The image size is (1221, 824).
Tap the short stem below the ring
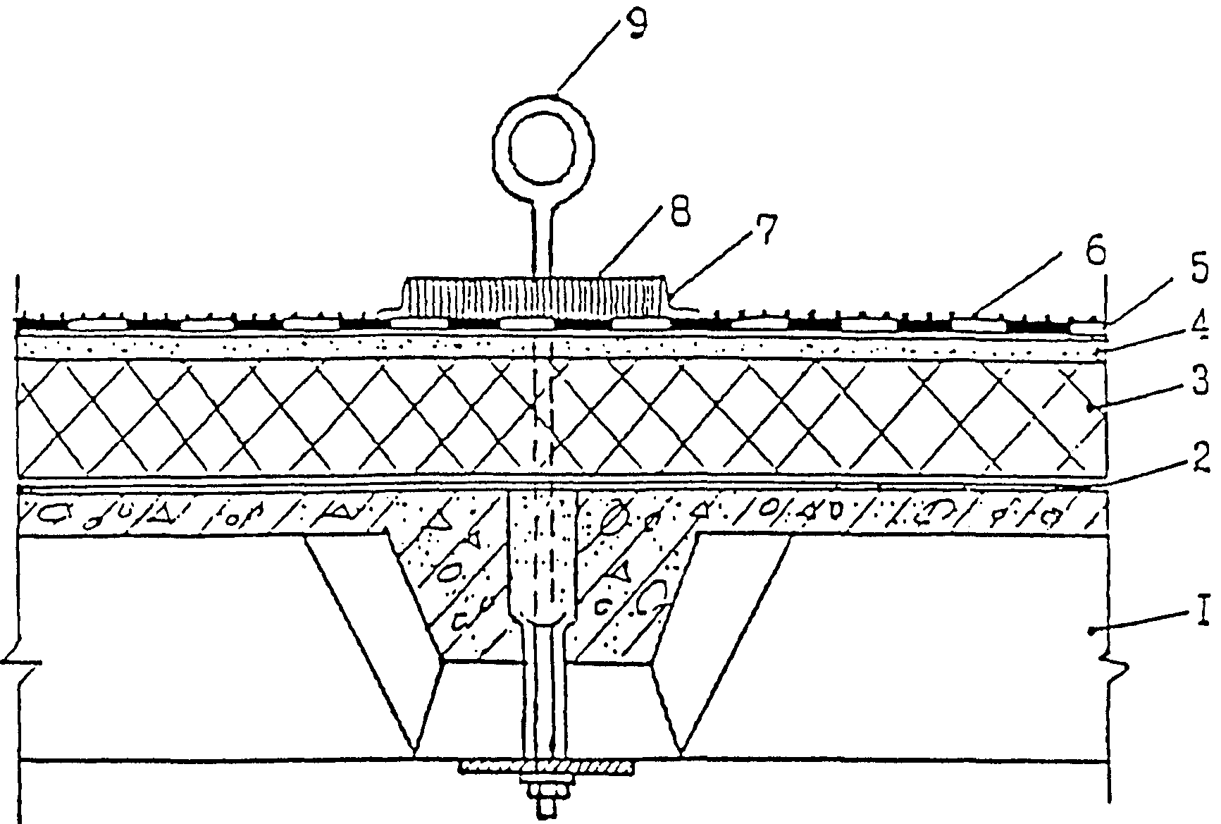pyautogui.click(x=543, y=239)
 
